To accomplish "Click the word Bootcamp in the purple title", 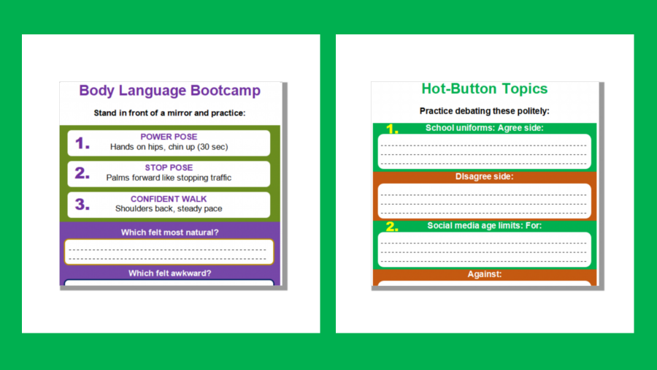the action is tap(226, 91).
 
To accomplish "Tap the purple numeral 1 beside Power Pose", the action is tap(82, 143).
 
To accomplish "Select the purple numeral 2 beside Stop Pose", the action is tap(82, 173).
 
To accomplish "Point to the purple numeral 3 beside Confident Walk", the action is tap(82, 204).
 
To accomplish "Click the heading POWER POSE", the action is tap(169, 137).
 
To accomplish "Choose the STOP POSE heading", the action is tap(169, 167).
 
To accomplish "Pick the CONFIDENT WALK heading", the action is tap(169, 199).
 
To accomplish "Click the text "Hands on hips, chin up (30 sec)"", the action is tap(169, 147).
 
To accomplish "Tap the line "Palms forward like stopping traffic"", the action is tap(169, 178).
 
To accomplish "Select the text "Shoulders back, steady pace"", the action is tap(169, 208).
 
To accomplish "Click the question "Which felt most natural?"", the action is tap(169, 233).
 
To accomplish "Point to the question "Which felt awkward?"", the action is tap(169, 273).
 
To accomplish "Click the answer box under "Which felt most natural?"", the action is tap(169, 252).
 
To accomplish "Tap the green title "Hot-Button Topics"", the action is tap(485, 89).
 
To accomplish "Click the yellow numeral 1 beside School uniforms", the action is tap(392, 129).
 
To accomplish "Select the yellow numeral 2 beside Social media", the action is tap(392, 227).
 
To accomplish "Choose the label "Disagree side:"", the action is tap(485, 177).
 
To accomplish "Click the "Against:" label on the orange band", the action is tap(485, 274).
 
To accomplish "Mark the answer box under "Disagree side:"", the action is tap(485, 201).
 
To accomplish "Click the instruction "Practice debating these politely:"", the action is tap(485, 111).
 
